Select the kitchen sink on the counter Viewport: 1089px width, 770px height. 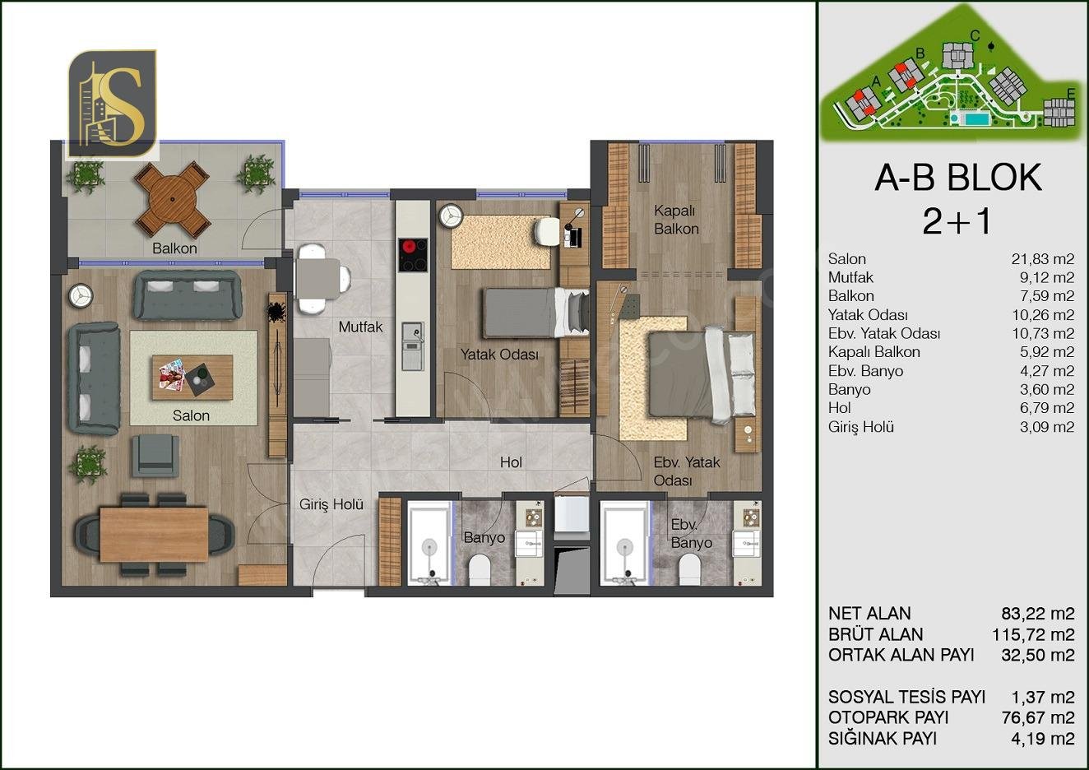tap(413, 346)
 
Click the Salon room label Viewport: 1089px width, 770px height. tap(191, 415)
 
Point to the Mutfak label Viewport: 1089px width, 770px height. tap(361, 327)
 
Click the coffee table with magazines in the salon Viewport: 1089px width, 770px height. tap(192, 378)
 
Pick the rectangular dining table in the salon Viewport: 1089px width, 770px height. tap(154, 534)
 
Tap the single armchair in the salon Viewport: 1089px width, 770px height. tap(155, 456)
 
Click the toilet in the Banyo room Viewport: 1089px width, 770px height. tap(480, 569)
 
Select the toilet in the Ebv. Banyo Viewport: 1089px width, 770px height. tap(689, 569)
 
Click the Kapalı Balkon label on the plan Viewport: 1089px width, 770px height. tap(676, 220)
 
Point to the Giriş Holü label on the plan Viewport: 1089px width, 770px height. tap(331, 504)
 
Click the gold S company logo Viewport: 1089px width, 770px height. tap(113, 104)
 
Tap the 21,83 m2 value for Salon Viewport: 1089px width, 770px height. tap(1043, 259)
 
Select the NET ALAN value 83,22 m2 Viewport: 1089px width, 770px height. tap(1038, 614)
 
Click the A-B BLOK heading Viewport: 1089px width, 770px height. tap(959, 178)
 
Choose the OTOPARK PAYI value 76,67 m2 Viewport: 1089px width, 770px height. tap(1038, 717)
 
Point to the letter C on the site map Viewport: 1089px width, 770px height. tap(975, 35)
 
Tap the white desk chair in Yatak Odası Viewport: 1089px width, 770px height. tap(548, 232)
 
